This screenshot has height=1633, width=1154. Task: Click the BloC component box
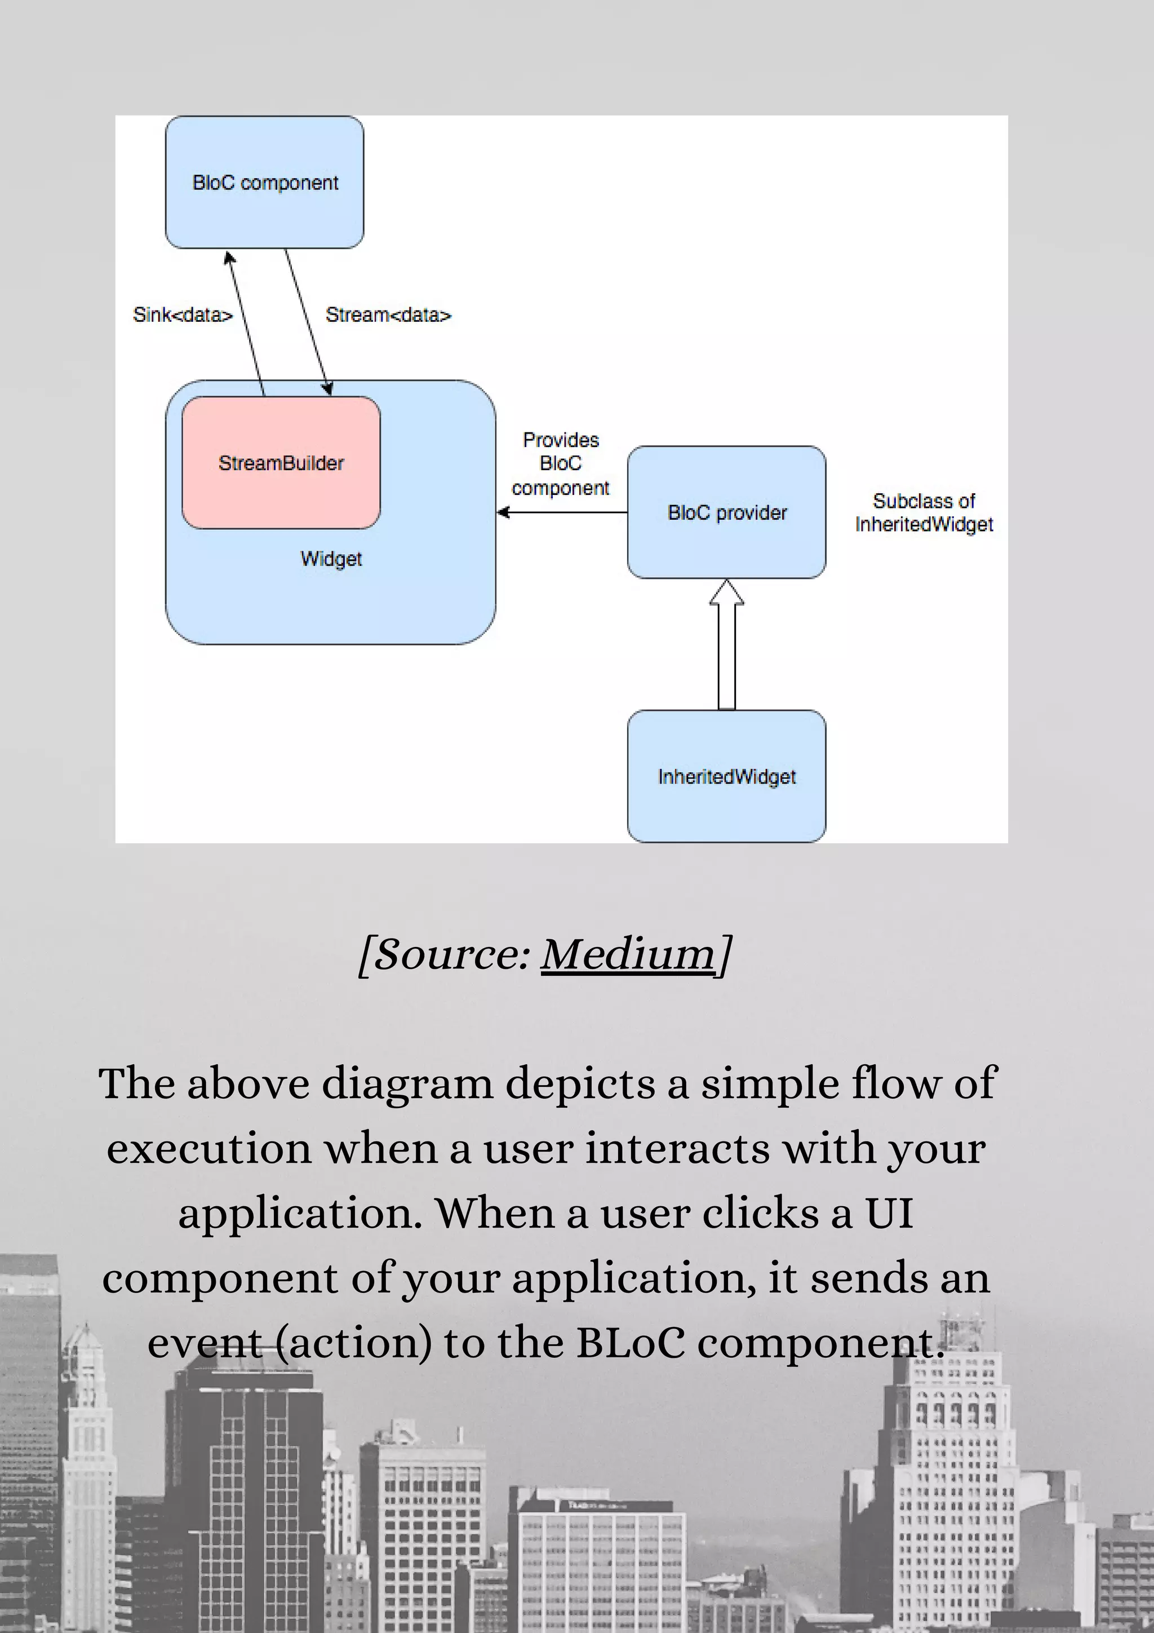pos(264,182)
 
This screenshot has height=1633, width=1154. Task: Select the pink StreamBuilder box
pos(281,463)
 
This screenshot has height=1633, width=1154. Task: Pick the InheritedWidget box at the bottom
pos(727,777)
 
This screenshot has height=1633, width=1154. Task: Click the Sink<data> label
pos(183,315)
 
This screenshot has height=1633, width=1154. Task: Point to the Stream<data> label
pos(388,315)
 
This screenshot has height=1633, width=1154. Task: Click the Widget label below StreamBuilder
pos(331,559)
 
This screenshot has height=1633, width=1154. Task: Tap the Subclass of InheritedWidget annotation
pos(924,513)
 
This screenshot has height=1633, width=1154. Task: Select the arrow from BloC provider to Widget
pos(562,512)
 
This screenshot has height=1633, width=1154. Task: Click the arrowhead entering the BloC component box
pos(229,258)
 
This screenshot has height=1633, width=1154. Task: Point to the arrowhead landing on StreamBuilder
pos(328,388)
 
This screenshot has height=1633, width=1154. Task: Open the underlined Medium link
pos(628,954)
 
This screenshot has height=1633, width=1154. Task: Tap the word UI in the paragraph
pos(889,1214)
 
